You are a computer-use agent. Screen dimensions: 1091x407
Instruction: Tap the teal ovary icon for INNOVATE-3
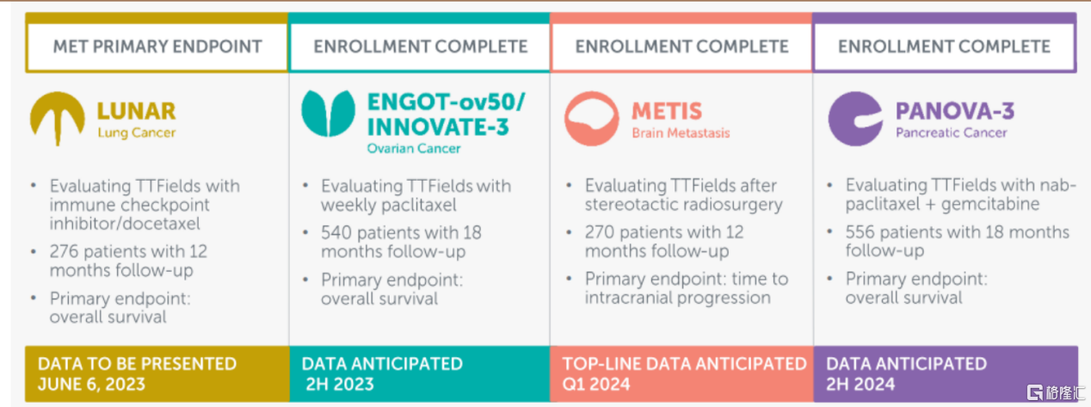coord(329,113)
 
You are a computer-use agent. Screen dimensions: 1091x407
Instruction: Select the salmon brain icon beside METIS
coord(592,118)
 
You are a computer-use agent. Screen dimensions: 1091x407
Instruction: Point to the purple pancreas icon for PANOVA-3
coord(855,118)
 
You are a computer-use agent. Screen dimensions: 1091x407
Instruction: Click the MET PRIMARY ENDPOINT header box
coord(157,46)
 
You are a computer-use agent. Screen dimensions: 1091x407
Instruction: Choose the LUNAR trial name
coord(136,111)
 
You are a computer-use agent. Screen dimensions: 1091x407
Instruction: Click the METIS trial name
coord(667,111)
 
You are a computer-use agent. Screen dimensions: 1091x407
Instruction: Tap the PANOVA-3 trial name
coord(955,111)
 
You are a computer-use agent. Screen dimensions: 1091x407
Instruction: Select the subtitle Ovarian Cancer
coord(414,149)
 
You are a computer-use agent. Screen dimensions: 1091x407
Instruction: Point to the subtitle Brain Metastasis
coord(681,133)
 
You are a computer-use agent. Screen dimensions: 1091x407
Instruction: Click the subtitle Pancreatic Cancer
coord(952,133)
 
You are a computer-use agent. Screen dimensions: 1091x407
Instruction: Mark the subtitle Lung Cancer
coord(136,133)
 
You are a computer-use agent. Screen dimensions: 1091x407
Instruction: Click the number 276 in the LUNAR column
coord(64,252)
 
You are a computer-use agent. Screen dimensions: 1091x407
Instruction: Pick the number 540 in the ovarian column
coord(336,232)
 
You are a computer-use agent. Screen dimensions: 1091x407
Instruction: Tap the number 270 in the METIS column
coord(600,232)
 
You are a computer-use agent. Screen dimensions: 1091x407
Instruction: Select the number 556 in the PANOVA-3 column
coord(860,232)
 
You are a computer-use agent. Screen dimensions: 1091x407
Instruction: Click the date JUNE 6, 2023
coord(91,385)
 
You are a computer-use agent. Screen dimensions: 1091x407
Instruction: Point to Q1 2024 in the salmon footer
coord(596,385)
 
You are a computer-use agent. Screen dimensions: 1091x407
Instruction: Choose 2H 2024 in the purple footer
coord(860,385)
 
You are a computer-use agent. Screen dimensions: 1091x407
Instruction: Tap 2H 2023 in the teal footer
coord(340,385)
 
